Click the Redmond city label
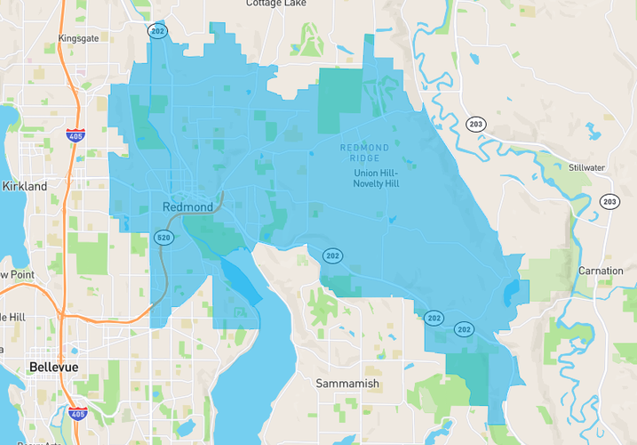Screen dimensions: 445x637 (x=187, y=206)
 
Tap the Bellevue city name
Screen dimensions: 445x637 (x=53, y=367)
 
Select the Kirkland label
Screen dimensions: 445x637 (x=24, y=186)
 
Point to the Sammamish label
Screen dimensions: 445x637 (x=347, y=384)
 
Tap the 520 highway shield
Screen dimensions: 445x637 (x=163, y=238)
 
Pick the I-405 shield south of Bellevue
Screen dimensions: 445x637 (x=76, y=414)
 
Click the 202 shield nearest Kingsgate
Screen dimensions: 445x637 (x=157, y=30)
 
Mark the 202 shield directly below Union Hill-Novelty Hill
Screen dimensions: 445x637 (x=332, y=256)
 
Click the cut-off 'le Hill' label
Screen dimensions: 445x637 (x=13, y=317)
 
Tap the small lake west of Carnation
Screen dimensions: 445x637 (x=510, y=294)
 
